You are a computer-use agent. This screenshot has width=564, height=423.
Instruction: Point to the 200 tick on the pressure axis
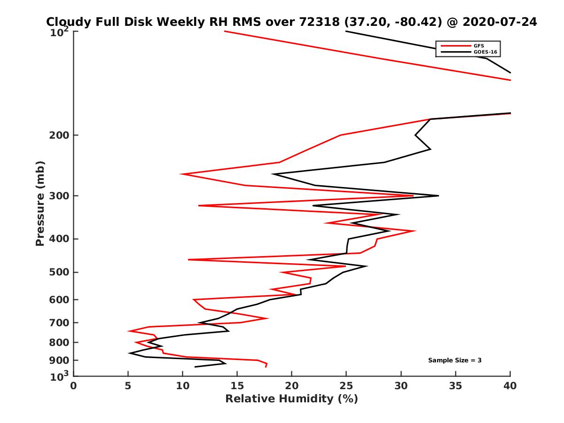click(59, 135)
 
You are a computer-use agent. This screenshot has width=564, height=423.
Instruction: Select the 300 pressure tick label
click(59, 196)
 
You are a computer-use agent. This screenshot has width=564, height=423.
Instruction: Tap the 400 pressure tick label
click(59, 239)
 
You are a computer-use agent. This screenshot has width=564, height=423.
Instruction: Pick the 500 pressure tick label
click(59, 272)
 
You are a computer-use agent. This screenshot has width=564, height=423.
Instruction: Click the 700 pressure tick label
click(59, 322)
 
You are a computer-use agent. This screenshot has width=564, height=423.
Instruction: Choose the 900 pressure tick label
click(59, 360)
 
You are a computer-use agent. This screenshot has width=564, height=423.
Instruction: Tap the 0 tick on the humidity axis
click(74, 386)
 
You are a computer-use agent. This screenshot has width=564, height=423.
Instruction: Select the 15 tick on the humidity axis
click(237, 386)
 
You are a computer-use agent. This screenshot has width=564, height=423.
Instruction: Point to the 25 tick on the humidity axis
click(346, 386)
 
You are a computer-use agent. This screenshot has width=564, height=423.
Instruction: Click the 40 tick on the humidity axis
click(510, 386)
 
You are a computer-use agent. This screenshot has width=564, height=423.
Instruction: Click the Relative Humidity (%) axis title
click(291, 399)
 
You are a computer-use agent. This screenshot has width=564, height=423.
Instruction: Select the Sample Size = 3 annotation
click(454, 360)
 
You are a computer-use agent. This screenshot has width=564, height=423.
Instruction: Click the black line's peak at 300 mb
click(438, 196)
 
